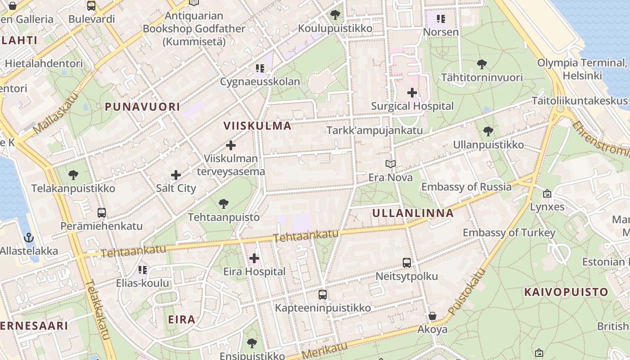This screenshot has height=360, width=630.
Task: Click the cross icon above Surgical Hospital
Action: click(x=412, y=93)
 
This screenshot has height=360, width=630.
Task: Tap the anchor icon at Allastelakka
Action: click(x=29, y=237)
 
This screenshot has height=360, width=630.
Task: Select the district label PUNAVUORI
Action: click(x=142, y=107)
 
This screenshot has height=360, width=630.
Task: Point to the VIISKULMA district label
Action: click(x=258, y=126)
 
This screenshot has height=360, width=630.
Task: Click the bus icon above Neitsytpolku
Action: click(x=407, y=263)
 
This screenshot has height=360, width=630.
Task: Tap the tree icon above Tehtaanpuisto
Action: click(x=223, y=204)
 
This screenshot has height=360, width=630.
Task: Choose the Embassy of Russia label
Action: click(x=466, y=187)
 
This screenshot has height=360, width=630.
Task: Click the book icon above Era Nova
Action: click(x=391, y=164)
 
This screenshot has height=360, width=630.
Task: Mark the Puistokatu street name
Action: click(x=468, y=292)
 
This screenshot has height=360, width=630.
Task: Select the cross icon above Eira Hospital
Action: click(x=254, y=258)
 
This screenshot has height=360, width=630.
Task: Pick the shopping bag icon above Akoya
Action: click(x=432, y=316)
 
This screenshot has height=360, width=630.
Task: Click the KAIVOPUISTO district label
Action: click(x=566, y=292)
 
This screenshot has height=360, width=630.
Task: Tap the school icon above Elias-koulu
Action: click(x=143, y=270)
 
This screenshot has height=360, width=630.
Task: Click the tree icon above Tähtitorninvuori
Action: click(x=482, y=64)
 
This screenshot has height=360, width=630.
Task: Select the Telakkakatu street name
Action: click(x=98, y=310)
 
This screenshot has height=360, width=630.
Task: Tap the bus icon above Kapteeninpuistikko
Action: click(x=323, y=295)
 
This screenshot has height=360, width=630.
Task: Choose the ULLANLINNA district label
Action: click(x=413, y=213)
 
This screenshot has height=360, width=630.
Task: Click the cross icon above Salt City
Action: click(x=176, y=175)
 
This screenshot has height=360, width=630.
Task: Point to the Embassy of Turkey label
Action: click(x=509, y=233)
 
